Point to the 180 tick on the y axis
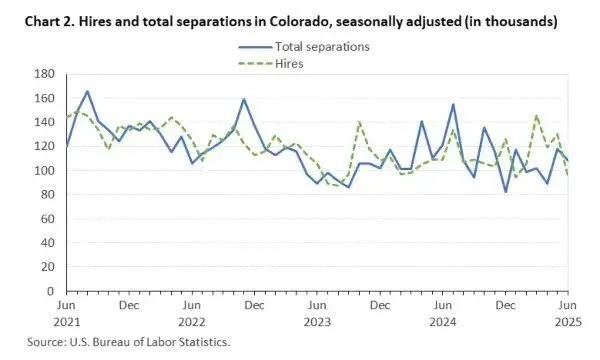coord(44,74)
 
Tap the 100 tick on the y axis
coord(44,170)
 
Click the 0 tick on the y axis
coord(51,291)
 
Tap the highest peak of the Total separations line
coord(87,91)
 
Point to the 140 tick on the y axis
coord(44,122)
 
